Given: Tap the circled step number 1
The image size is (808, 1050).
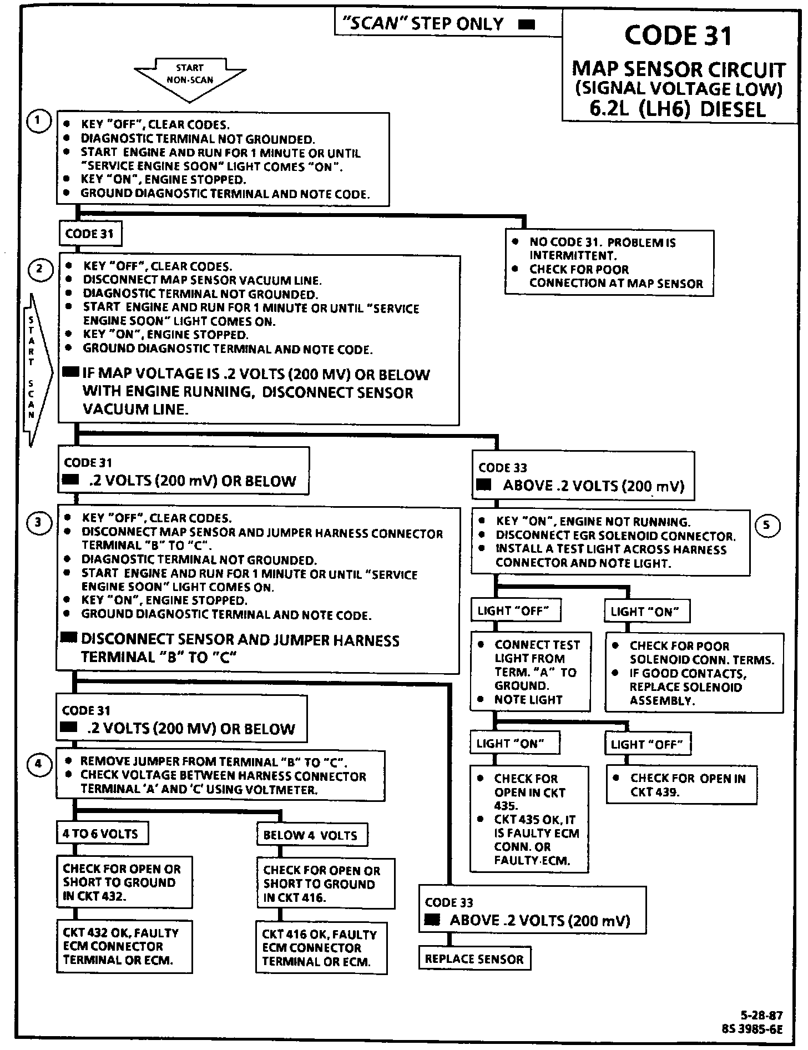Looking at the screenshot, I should pyautogui.click(x=38, y=122).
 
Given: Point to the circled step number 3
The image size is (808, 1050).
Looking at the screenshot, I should pyautogui.click(x=38, y=522).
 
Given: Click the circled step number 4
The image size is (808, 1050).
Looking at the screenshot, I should pyautogui.click(x=38, y=764).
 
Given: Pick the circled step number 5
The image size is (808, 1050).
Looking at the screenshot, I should pyautogui.click(x=767, y=525).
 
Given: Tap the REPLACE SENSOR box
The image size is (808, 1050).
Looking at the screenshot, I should pyautogui.click(x=474, y=959).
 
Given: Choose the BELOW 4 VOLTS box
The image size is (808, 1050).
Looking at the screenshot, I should pyautogui.click(x=311, y=835).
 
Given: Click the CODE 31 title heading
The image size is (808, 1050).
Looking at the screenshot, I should pyautogui.click(x=678, y=36).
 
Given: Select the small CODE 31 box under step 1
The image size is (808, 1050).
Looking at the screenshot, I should pyautogui.click(x=89, y=234).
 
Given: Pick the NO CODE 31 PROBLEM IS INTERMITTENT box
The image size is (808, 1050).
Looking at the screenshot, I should pyautogui.click(x=609, y=262).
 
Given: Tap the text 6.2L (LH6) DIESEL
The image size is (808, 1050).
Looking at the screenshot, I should pyautogui.click(x=678, y=109).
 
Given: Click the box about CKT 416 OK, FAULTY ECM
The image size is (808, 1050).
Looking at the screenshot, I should pyautogui.click(x=321, y=948).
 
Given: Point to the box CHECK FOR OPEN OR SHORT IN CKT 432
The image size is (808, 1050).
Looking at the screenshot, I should pyautogui.click(x=124, y=882).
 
